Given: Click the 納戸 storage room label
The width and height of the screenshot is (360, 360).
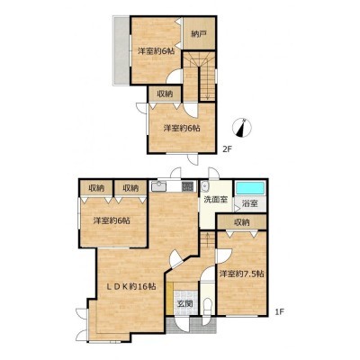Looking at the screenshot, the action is click(199, 34).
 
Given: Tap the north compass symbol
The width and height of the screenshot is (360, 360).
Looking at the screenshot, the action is click(242, 128).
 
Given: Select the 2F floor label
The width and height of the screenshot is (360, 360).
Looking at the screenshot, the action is click(228, 149).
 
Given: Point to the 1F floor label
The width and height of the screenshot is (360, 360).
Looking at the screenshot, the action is click(279, 312).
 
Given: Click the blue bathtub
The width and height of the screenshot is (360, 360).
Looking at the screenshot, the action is click(250, 188).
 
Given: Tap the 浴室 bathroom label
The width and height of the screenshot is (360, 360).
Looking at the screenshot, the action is click(250, 203).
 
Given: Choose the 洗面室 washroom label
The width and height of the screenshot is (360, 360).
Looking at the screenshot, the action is click(215, 200).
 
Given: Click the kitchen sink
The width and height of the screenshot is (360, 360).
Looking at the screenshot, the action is click(158, 187).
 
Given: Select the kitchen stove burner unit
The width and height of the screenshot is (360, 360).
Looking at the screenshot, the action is click(188, 187).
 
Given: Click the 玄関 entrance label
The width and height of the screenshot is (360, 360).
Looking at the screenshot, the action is click(184, 304).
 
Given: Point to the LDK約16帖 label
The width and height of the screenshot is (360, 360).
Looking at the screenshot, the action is click(131, 286).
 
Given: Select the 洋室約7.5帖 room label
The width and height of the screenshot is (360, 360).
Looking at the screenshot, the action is click(241, 274).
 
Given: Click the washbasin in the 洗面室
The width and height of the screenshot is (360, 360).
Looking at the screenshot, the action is click(205, 186).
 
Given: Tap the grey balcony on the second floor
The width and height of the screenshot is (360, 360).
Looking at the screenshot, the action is click(121, 50).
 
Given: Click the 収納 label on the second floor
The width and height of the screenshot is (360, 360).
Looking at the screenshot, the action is click(165, 94).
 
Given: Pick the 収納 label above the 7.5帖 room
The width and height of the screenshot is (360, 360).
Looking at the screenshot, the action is click(242, 222).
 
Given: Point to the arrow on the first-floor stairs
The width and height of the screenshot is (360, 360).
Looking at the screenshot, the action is click(207, 239).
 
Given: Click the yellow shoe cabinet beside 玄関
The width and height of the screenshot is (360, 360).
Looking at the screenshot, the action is click(170, 299).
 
